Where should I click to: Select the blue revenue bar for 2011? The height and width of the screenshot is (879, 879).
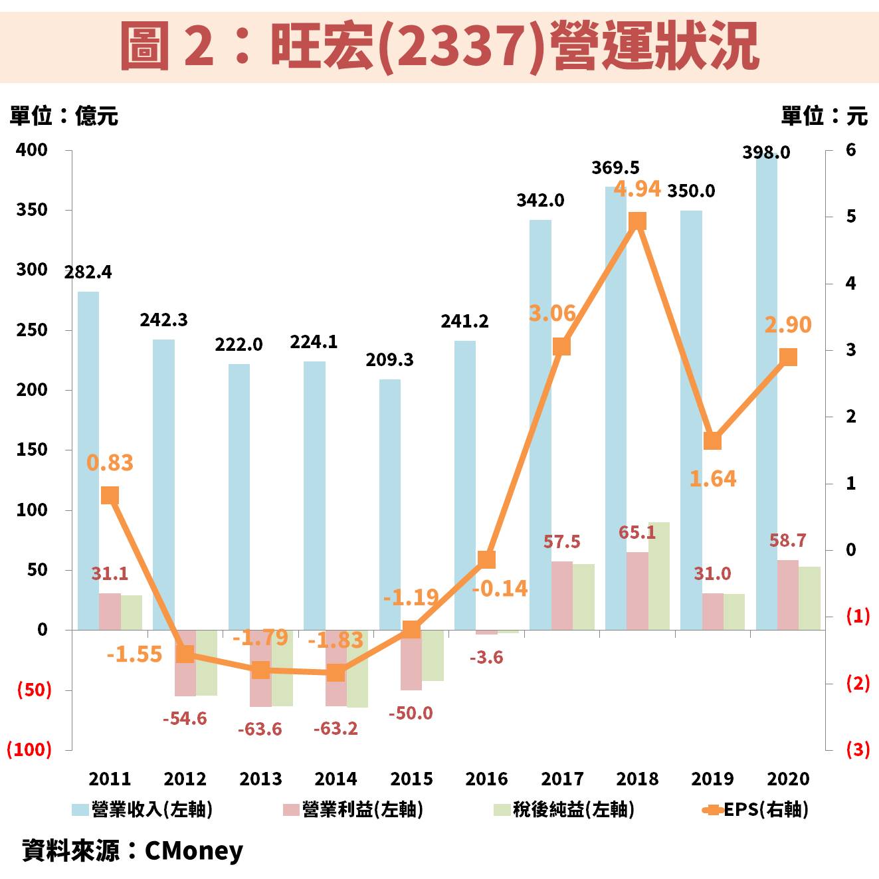tap(88, 458)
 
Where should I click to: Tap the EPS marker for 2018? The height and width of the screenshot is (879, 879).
tap(637, 221)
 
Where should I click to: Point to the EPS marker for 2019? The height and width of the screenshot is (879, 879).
tap(712, 441)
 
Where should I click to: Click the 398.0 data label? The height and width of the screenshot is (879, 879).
tap(766, 153)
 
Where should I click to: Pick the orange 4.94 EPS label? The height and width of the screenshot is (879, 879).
tap(636, 189)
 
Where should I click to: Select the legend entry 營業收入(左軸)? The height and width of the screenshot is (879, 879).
tap(142, 809)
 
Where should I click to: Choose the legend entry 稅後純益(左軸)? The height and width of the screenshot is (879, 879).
tap(564, 809)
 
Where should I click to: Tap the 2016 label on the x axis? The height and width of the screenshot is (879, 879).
tap(486, 779)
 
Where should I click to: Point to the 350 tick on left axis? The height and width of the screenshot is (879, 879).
tap(32, 210)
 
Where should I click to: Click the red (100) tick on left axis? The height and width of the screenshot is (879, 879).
tap(29, 749)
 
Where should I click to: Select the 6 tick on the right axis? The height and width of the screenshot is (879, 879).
tap(850, 150)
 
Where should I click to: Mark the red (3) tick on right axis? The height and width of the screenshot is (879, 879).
tap(857, 749)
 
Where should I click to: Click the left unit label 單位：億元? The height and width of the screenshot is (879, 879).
tap(64, 116)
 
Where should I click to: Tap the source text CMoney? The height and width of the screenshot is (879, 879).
tap(193, 851)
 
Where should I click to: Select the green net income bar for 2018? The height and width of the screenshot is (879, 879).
tap(658, 575)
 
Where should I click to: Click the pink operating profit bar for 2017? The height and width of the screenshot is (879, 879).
tap(562, 595)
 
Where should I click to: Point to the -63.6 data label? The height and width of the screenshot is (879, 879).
tap(260, 730)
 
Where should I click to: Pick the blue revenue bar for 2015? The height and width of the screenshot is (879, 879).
tap(390, 505)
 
